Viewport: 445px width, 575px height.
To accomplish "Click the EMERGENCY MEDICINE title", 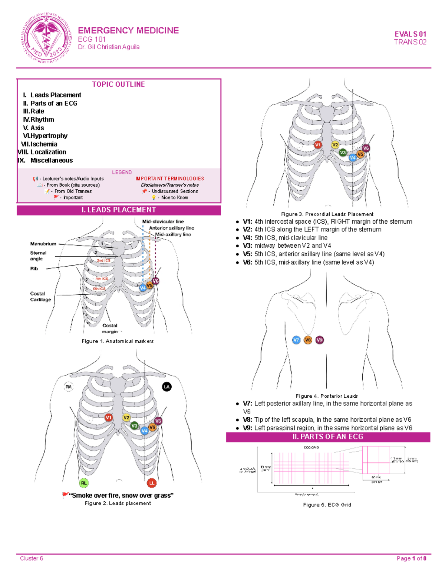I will pyautogui.click(x=128, y=30).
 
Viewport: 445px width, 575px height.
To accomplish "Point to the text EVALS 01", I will pyautogui.click(x=410, y=34).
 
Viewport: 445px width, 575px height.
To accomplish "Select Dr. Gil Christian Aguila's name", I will pyautogui.click(x=109, y=47).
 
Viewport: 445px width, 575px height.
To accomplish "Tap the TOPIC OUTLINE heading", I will pyautogui.click(x=118, y=84).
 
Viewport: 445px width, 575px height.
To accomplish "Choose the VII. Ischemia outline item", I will pyautogui.click(x=39, y=144).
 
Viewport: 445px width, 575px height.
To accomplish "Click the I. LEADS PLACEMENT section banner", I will pyautogui.click(x=119, y=210).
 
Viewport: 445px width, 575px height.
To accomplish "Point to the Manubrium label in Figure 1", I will pyautogui.click(x=43, y=244).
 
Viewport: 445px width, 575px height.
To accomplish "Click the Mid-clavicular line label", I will pyautogui.click(x=163, y=221).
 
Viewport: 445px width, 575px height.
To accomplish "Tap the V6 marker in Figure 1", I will pyautogui.click(x=156, y=281).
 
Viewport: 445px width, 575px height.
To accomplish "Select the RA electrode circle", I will pyautogui.click(x=69, y=387).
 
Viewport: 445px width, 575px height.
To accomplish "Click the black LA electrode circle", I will pyautogui.click(x=167, y=387).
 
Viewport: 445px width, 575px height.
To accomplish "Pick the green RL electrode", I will pyautogui.click(x=84, y=483).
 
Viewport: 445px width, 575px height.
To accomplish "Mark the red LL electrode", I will pyautogui.click(x=151, y=483).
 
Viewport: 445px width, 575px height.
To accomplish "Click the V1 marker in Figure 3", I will pyautogui.click(x=318, y=145).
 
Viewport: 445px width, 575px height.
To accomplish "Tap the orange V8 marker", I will pyautogui.click(x=308, y=340).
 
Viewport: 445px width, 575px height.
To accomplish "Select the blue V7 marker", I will pyautogui.click(x=296, y=340).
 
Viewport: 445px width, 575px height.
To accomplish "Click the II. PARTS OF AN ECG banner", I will pyautogui.click(x=328, y=437).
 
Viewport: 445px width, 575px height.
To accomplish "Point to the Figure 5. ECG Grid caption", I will pyautogui.click(x=327, y=505).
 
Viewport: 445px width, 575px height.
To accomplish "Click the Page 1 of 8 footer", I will pyautogui.click(x=411, y=558).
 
